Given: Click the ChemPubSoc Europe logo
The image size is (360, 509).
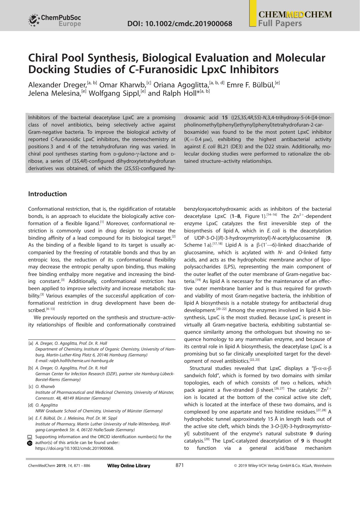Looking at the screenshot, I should [x=55, y=20].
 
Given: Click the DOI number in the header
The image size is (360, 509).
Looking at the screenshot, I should [x=180, y=24].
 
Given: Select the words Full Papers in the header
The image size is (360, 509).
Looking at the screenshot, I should [x=280, y=24].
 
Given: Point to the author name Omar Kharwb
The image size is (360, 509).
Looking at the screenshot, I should [x=122, y=85].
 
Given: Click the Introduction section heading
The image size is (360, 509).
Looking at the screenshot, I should [x=47, y=194].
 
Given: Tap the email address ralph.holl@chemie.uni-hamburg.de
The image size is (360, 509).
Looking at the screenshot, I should [x=81, y=361].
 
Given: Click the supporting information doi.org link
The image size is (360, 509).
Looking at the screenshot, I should [x=75, y=448].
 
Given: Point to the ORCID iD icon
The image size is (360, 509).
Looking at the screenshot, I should [x=30, y=443].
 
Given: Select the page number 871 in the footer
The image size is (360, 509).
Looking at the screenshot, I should [x=180, y=465].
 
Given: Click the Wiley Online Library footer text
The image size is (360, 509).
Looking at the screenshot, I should [x=129, y=466].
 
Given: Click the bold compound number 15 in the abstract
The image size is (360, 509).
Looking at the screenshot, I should [x=225, y=118].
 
